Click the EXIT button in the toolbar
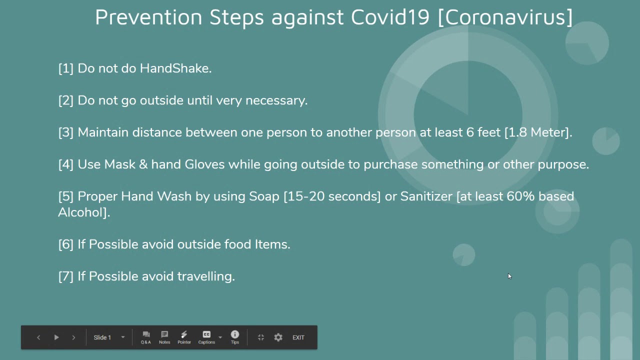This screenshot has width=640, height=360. [x=298, y=337]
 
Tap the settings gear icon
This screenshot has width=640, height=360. [x=278, y=337]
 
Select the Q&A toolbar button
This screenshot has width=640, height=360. [x=145, y=337]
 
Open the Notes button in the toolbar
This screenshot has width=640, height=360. [x=164, y=337]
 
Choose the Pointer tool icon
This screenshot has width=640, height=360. [x=184, y=337]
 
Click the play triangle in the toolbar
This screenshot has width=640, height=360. [x=56, y=337]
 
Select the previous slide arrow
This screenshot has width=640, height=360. [x=38, y=337]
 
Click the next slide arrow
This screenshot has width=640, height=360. [x=73, y=337]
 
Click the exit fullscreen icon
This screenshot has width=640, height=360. [x=261, y=337]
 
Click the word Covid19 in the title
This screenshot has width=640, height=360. [x=390, y=17]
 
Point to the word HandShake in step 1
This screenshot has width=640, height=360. [x=175, y=68]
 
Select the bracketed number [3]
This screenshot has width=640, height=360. [x=65, y=132]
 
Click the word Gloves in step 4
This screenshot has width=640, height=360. [x=204, y=164]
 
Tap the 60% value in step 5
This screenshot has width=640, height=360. [x=520, y=196]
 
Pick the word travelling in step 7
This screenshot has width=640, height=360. [x=206, y=276]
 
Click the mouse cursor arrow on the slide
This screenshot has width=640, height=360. [x=509, y=276]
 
